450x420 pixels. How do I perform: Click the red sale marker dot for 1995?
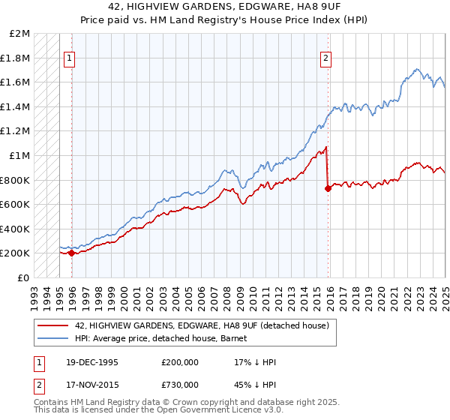coord(71,253)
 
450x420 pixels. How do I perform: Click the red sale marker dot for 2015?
coord(328,188)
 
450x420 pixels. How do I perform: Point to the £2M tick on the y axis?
coord(20,34)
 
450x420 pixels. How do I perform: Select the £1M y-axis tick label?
coord(20,156)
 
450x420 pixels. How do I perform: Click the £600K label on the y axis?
coord(16,205)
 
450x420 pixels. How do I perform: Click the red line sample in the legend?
coord(54,325)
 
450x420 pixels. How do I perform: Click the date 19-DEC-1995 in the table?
coord(91,362)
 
